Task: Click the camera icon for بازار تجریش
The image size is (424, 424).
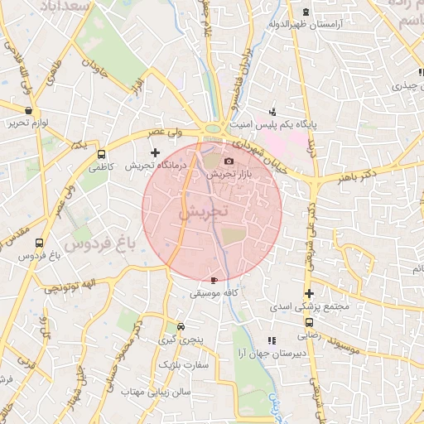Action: pos(229,161)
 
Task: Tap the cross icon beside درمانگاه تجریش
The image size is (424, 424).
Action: pos(155,152)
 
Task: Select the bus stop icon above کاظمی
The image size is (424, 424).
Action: pos(102,154)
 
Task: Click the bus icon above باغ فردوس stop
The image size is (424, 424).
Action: pos(39,243)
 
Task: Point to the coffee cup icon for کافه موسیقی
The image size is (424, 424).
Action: pos(215,281)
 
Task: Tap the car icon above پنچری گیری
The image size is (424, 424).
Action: pos(181,326)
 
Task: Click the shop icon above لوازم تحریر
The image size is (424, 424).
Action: pos(30,110)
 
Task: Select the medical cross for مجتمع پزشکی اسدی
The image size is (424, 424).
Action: pos(309,293)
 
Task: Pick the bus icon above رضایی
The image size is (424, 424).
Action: pos(309,323)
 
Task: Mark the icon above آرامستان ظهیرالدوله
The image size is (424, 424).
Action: pos(306,12)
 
